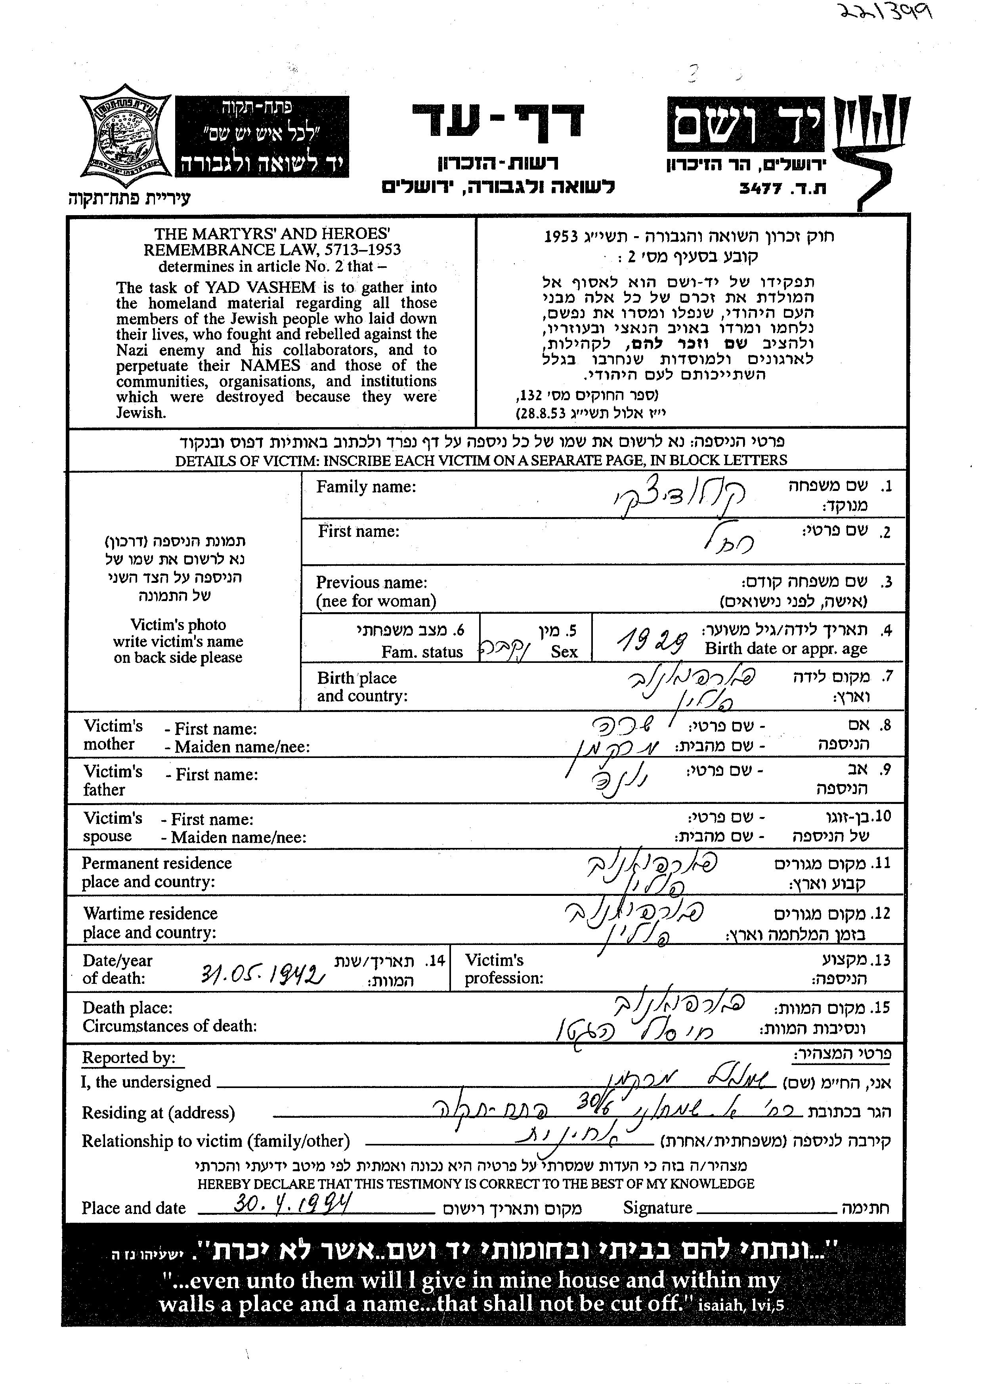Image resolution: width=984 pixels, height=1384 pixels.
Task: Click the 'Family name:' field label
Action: [366, 487]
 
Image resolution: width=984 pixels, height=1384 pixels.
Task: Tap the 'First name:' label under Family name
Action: [359, 531]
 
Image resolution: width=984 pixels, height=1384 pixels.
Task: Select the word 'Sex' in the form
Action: [564, 652]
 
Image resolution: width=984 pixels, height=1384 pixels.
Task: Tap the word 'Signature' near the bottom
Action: [657, 1208]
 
